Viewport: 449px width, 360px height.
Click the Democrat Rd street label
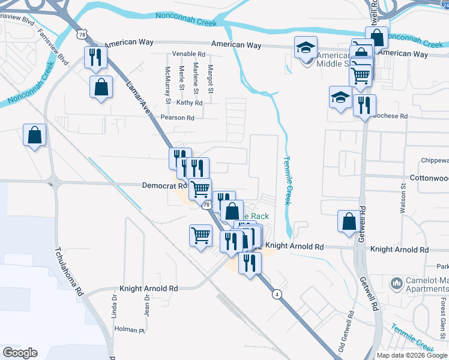[x=163, y=186]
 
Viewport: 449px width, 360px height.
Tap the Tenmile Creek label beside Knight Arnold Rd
[x=287, y=181]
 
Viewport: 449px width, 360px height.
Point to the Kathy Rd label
[x=190, y=103]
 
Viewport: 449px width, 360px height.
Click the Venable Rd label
[x=185, y=54]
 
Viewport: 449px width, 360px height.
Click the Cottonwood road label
[x=429, y=178]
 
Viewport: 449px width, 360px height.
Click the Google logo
[x=20, y=353]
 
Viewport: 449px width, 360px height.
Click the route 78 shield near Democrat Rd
[x=206, y=205]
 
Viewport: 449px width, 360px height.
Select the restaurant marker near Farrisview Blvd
[x=96, y=58]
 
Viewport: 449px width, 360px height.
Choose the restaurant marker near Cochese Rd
[x=364, y=106]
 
